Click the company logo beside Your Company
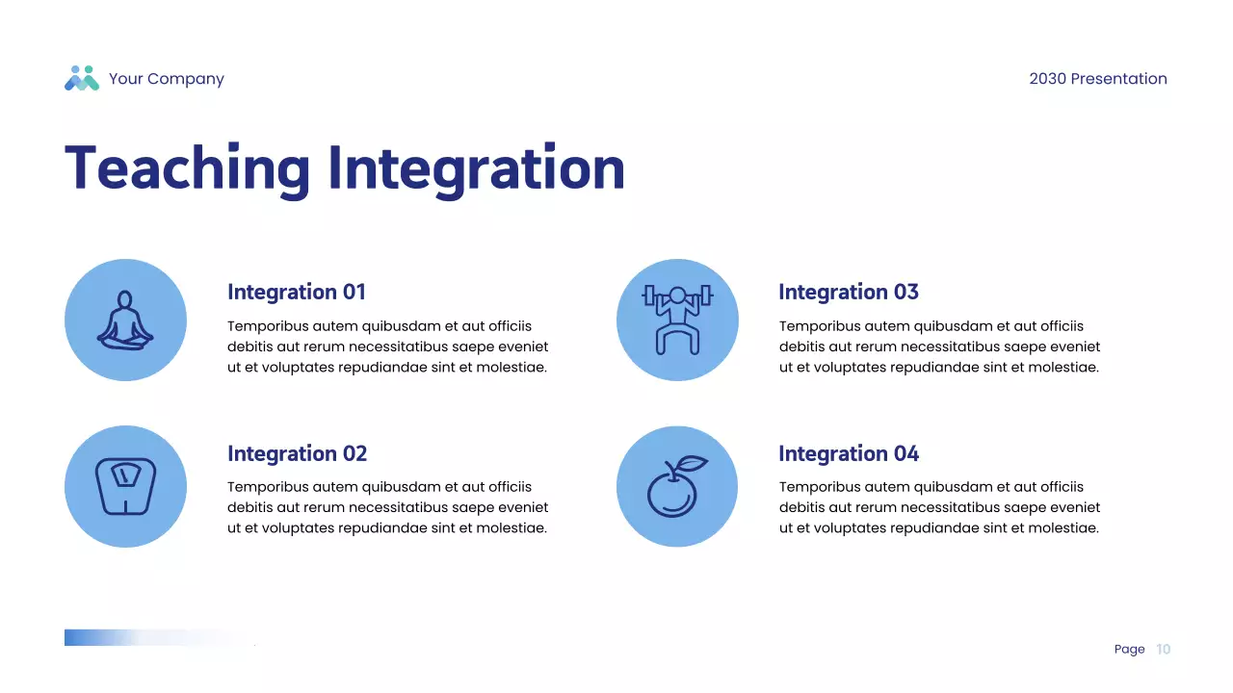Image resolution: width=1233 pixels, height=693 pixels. [x=82, y=78]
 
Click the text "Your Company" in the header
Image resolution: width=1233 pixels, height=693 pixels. [x=167, y=79]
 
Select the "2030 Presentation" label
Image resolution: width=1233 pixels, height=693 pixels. [x=1098, y=79]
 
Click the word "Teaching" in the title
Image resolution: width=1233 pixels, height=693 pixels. [x=187, y=168]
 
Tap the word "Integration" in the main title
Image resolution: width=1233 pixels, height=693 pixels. [x=477, y=168]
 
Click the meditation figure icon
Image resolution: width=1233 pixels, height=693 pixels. [x=125, y=321]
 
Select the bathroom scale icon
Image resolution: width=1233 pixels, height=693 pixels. [x=125, y=486]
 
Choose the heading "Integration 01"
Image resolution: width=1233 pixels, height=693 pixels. [x=296, y=292]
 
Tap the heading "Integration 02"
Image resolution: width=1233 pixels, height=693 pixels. [x=298, y=453]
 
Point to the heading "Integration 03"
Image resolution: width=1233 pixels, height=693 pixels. [x=849, y=292]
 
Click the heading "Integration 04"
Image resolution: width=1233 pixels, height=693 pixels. [x=849, y=453]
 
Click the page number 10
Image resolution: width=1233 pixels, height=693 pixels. [x=1163, y=650]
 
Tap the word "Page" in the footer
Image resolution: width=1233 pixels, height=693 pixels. [x=1130, y=650]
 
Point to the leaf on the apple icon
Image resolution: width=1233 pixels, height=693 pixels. [x=691, y=463]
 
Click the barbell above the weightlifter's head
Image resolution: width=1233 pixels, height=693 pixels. [x=677, y=295]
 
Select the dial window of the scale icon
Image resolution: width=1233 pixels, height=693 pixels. [x=126, y=475]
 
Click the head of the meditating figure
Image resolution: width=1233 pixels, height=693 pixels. [x=125, y=299]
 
